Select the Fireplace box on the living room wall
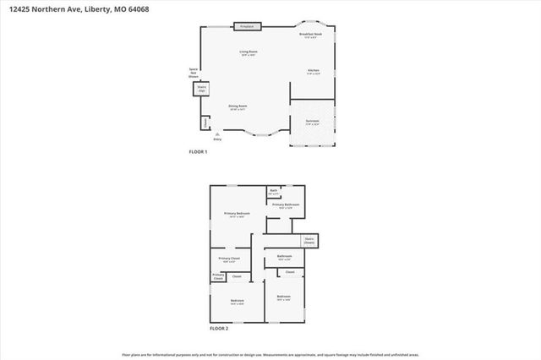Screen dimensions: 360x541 pyautogui.click(x=248, y=27)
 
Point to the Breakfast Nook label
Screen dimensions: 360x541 pyautogui.click(x=310, y=35)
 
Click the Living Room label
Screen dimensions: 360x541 pyautogui.click(x=248, y=53)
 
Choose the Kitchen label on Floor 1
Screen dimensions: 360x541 pyautogui.click(x=313, y=71)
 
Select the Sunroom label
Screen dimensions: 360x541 pyautogui.click(x=313, y=122)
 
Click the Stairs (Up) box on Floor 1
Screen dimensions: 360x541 pyautogui.click(x=202, y=88)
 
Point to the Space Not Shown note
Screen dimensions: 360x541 pyautogui.click(x=193, y=73)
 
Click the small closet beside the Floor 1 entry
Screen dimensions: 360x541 pyautogui.click(x=205, y=123)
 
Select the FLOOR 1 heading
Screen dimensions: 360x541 pyautogui.click(x=197, y=151)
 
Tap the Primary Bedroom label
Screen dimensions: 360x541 pyautogui.click(x=237, y=215)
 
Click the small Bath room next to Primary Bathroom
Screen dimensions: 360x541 pyautogui.click(x=274, y=192)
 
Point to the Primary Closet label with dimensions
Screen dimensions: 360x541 pyautogui.click(x=230, y=259)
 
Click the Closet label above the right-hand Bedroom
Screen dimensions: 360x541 pyautogui.click(x=289, y=272)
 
